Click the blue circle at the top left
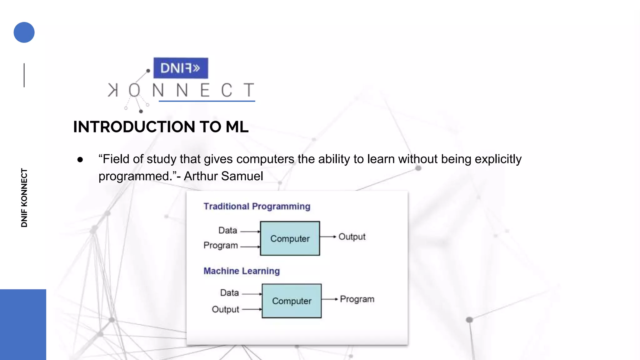pos(24,32)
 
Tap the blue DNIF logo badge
pos(181,68)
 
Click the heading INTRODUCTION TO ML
pos(161,127)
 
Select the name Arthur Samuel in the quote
pos(223,176)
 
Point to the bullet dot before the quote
pos(80,160)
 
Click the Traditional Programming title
pos(257,206)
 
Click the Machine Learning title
pos(242,271)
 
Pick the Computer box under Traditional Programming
pos(290,238)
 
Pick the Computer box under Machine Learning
pos(292,301)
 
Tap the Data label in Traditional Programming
pos(228,231)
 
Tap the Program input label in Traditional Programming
pos(221,246)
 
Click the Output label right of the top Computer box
pos(352,237)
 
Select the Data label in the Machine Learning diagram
pos(229,293)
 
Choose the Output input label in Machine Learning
pos(225,309)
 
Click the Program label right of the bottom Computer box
pos(357,299)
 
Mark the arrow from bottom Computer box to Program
pos(330,299)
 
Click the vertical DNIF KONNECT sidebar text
pos(24,197)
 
